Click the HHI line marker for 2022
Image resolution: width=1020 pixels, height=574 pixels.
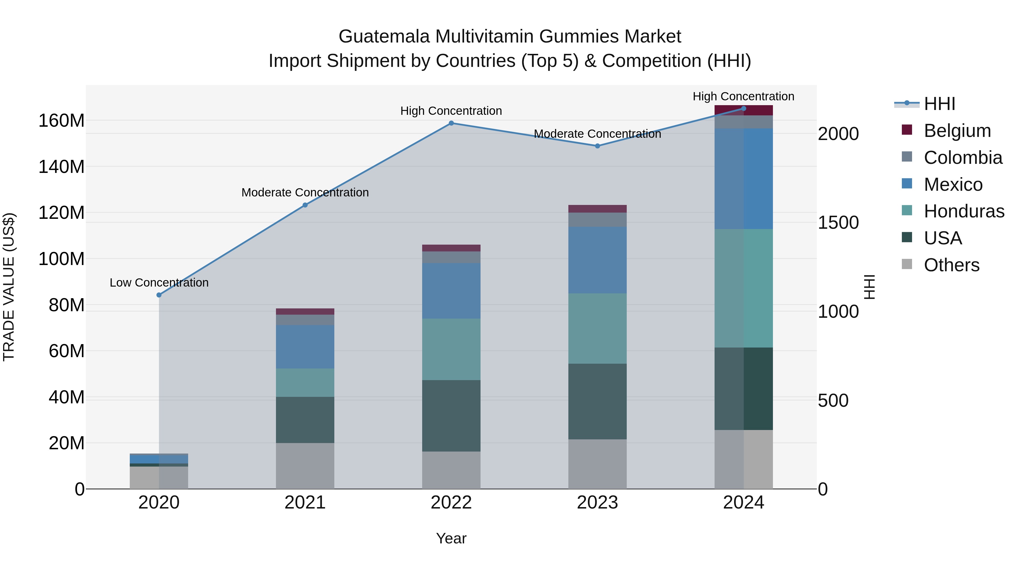click(x=451, y=123)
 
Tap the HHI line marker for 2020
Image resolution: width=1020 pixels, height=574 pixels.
click(x=159, y=295)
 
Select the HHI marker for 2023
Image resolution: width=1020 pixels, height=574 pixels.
click(x=598, y=146)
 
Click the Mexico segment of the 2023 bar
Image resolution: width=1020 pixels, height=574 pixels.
click(x=598, y=260)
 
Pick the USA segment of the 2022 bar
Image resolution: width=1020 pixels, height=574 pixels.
click(x=451, y=416)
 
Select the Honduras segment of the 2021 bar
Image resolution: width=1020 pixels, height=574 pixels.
click(x=305, y=383)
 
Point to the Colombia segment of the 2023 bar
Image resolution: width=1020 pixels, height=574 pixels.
click(x=598, y=220)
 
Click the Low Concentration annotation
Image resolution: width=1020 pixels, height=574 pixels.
click(x=159, y=283)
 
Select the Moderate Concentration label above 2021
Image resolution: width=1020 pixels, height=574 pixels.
click(x=305, y=192)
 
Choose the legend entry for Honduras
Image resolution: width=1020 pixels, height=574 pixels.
click(x=964, y=211)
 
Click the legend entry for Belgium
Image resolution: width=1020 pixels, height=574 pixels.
click(x=957, y=131)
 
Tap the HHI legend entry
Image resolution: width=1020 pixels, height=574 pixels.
click(x=939, y=104)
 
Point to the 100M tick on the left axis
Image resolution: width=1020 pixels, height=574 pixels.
click(x=61, y=259)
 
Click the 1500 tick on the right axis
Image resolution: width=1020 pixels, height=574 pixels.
click(x=838, y=223)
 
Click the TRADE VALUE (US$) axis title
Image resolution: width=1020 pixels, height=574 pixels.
click(x=9, y=287)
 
